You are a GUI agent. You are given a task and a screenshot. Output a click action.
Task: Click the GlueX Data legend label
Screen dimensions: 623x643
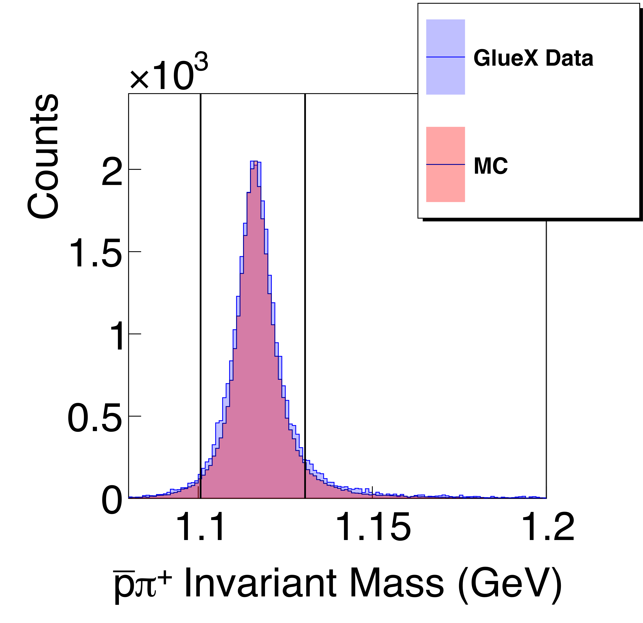coord(533,59)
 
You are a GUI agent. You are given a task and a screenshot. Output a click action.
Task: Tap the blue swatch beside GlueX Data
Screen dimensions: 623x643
coord(445,57)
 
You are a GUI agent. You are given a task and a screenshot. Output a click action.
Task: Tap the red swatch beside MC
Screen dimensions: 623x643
coord(445,164)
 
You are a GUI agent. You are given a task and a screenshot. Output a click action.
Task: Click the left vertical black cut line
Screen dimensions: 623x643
coord(200,295)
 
